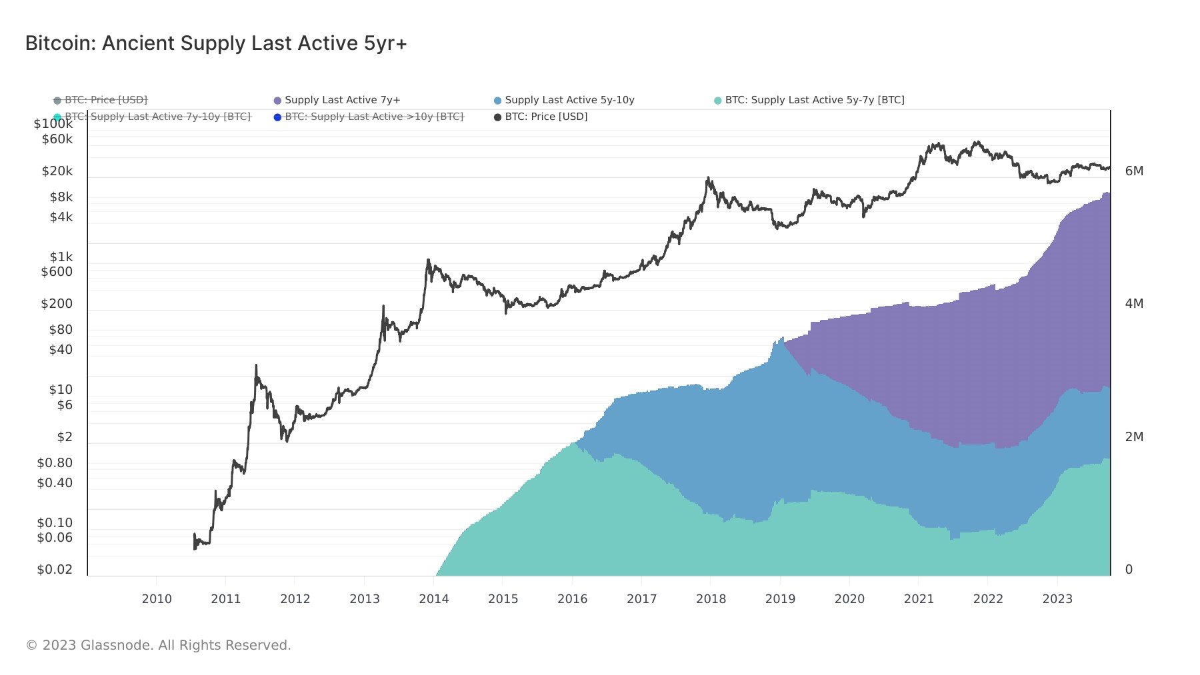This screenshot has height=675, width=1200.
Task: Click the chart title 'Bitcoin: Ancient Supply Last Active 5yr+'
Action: click(216, 43)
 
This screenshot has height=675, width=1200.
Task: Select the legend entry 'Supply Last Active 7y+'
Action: click(342, 100)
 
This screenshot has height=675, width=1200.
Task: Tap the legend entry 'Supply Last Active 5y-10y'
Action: click(569, 100)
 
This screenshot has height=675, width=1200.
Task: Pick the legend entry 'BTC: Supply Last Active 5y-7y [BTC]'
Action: click(814, 100)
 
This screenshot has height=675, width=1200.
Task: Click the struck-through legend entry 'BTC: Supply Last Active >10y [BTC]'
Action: click(373, 117)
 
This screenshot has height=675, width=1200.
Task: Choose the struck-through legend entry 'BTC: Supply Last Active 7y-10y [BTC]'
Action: click(157, 117)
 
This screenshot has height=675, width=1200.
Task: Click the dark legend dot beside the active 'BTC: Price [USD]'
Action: click(497, 117)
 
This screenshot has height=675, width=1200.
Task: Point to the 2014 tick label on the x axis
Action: click(433, 599)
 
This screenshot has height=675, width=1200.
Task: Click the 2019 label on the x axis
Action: click(780, 599)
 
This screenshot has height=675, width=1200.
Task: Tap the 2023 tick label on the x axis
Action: click(1057, 599)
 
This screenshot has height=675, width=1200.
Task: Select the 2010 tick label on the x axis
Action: click(157, 599)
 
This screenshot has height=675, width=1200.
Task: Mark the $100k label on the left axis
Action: click(53, 124)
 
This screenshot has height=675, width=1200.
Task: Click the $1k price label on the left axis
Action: click(61, 257)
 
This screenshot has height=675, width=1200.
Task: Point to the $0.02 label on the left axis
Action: click(55, 570)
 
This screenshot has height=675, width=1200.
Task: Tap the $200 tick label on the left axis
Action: click(57, 304)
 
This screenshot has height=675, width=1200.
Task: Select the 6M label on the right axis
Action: click(1134, 171)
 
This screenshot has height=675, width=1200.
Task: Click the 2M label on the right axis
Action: click(1134, 437)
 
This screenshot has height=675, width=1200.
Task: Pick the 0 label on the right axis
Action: click(1129, 570)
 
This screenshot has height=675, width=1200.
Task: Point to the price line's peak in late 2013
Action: click(428, 261)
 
